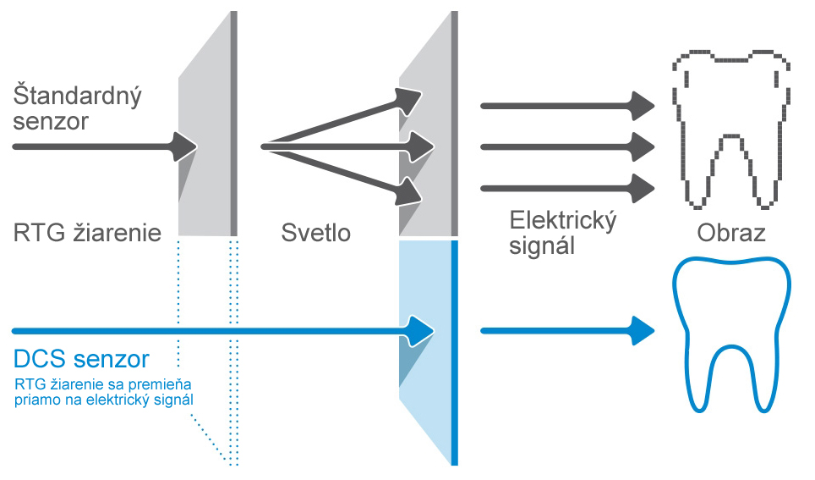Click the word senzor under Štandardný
[52, 121]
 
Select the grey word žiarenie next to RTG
[114, 232]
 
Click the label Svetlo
[315, 232]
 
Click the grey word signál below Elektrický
[543, 246]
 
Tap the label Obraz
[731, 232]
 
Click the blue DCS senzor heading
[81, 359]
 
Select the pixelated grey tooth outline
[732, 127]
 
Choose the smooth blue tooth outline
[732, 334]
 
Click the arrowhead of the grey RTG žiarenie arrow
[184, 146]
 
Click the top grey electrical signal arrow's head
[643, 106]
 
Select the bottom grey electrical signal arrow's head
[643, 187]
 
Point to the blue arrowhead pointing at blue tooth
[643, 330]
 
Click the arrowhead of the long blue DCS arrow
[421, 330]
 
